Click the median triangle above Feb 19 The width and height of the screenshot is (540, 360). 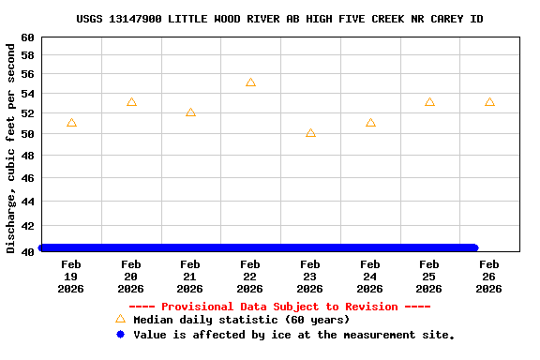[x=71, y=123]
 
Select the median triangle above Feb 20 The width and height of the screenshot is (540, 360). [x=131, y=102]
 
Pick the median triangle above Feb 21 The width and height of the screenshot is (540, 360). [x=190, y=112]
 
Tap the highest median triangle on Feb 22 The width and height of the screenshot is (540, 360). [x=250, y=82]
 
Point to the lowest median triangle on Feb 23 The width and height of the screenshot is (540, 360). [x=310, y=133]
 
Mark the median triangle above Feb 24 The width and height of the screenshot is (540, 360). [x=370, y=123]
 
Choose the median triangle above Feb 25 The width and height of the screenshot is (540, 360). [x=429, y=102]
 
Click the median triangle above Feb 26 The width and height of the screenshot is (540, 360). [x=489, y=102]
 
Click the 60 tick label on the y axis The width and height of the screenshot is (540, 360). [x=28, y=37]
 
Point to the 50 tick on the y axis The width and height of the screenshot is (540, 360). [x=28, y=134]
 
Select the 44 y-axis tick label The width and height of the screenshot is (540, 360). [x=28, y=202]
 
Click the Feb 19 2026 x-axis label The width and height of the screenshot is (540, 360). [x=71, y=277]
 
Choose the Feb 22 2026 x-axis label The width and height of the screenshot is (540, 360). [x=250, y=277]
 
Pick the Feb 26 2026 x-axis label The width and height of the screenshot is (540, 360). [x=489, y=277]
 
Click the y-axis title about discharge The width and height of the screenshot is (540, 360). [x=11, y=146]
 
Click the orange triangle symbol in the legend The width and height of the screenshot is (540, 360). [x=120, y=320]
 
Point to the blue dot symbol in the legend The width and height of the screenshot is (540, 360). [x=120, y=335]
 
